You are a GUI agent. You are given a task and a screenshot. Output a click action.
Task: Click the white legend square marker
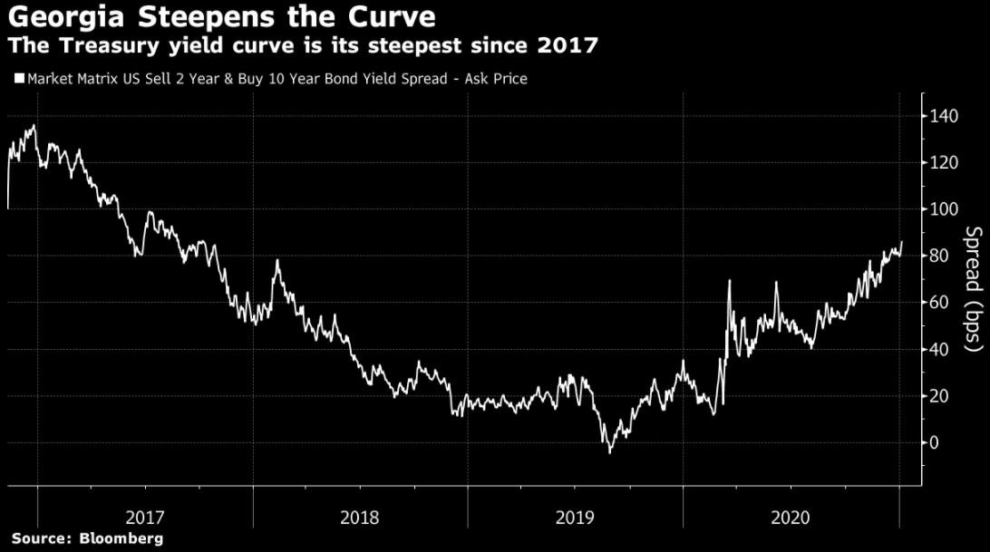19,79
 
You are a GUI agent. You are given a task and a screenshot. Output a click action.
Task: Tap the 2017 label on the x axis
145,518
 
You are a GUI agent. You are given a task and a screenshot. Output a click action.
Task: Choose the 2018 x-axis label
360,518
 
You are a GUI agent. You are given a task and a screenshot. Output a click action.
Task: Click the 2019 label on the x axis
575,518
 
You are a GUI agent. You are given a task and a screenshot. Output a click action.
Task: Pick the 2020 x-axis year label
790,518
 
